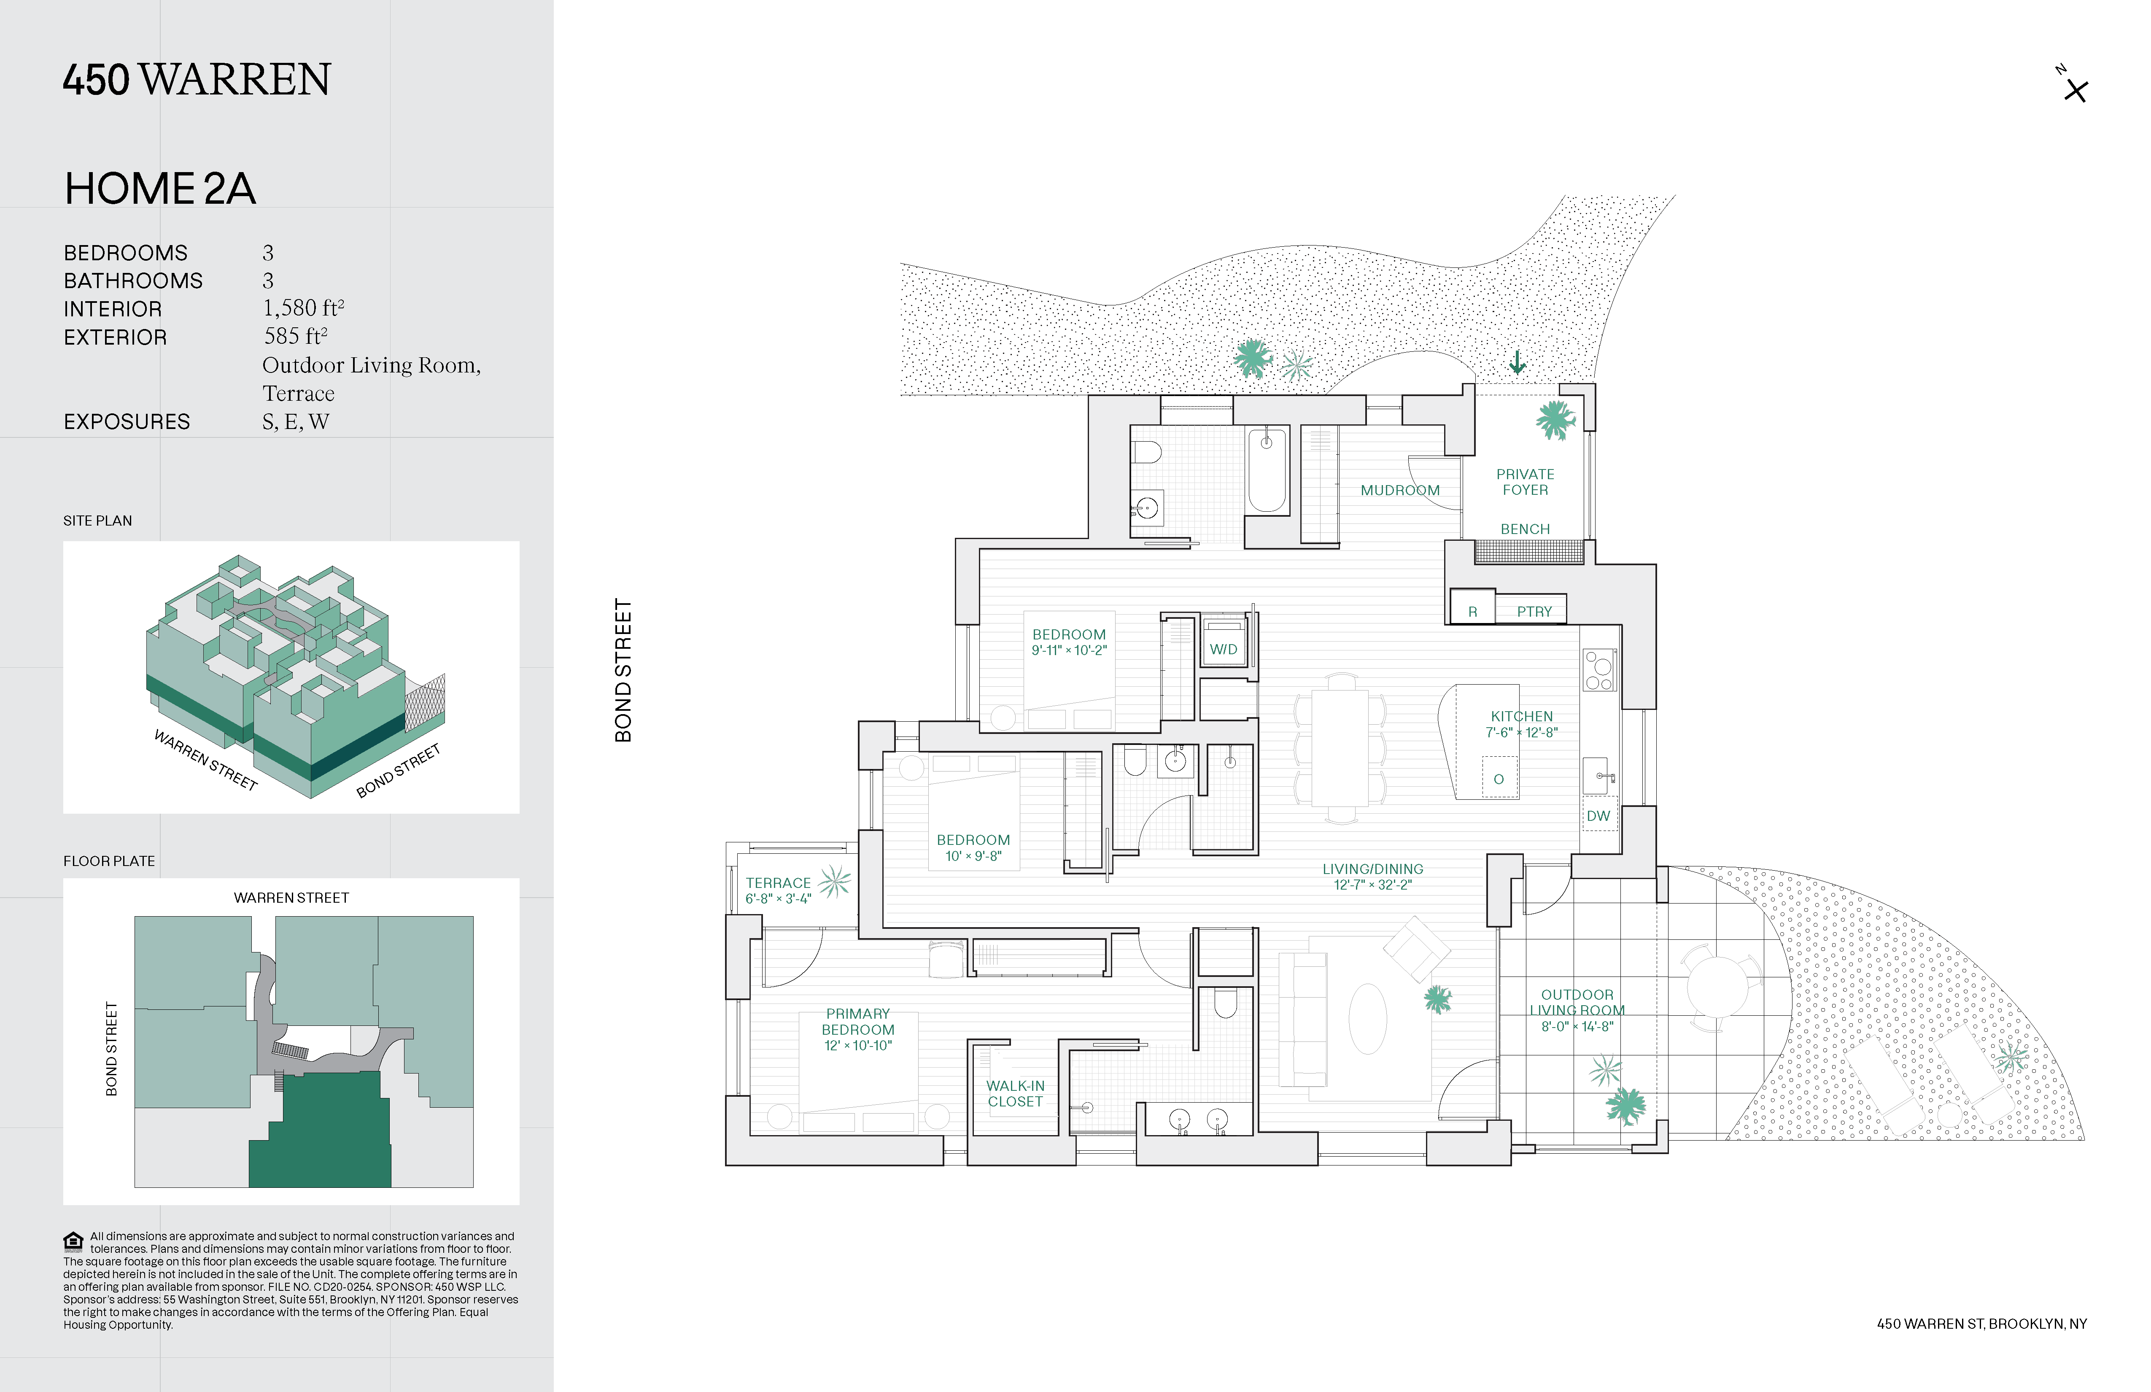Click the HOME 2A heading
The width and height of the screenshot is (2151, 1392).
click(160, 189)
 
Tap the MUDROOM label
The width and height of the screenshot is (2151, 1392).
click(1400, 490)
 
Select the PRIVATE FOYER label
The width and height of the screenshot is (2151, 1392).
click(1525, 482)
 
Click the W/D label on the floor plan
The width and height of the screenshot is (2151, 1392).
click(1224, 649)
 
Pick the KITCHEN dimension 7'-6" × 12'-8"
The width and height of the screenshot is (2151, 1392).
click(1522, 732)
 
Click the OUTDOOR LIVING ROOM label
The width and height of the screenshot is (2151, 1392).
click(1577, 1002)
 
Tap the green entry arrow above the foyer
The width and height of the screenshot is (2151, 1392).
click(1518, 362)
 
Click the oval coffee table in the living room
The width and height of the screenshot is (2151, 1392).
click(1367, 1019)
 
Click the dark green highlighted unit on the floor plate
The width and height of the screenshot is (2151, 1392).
click(321, 1130)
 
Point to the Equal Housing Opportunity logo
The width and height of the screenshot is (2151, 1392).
click(73, 1241)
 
